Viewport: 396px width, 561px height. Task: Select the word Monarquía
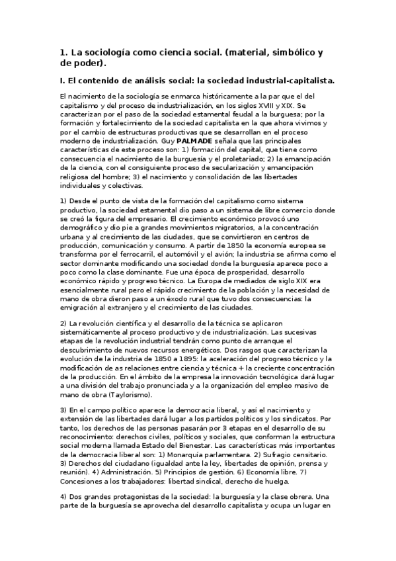187,456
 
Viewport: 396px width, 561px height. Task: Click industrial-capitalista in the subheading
284,81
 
